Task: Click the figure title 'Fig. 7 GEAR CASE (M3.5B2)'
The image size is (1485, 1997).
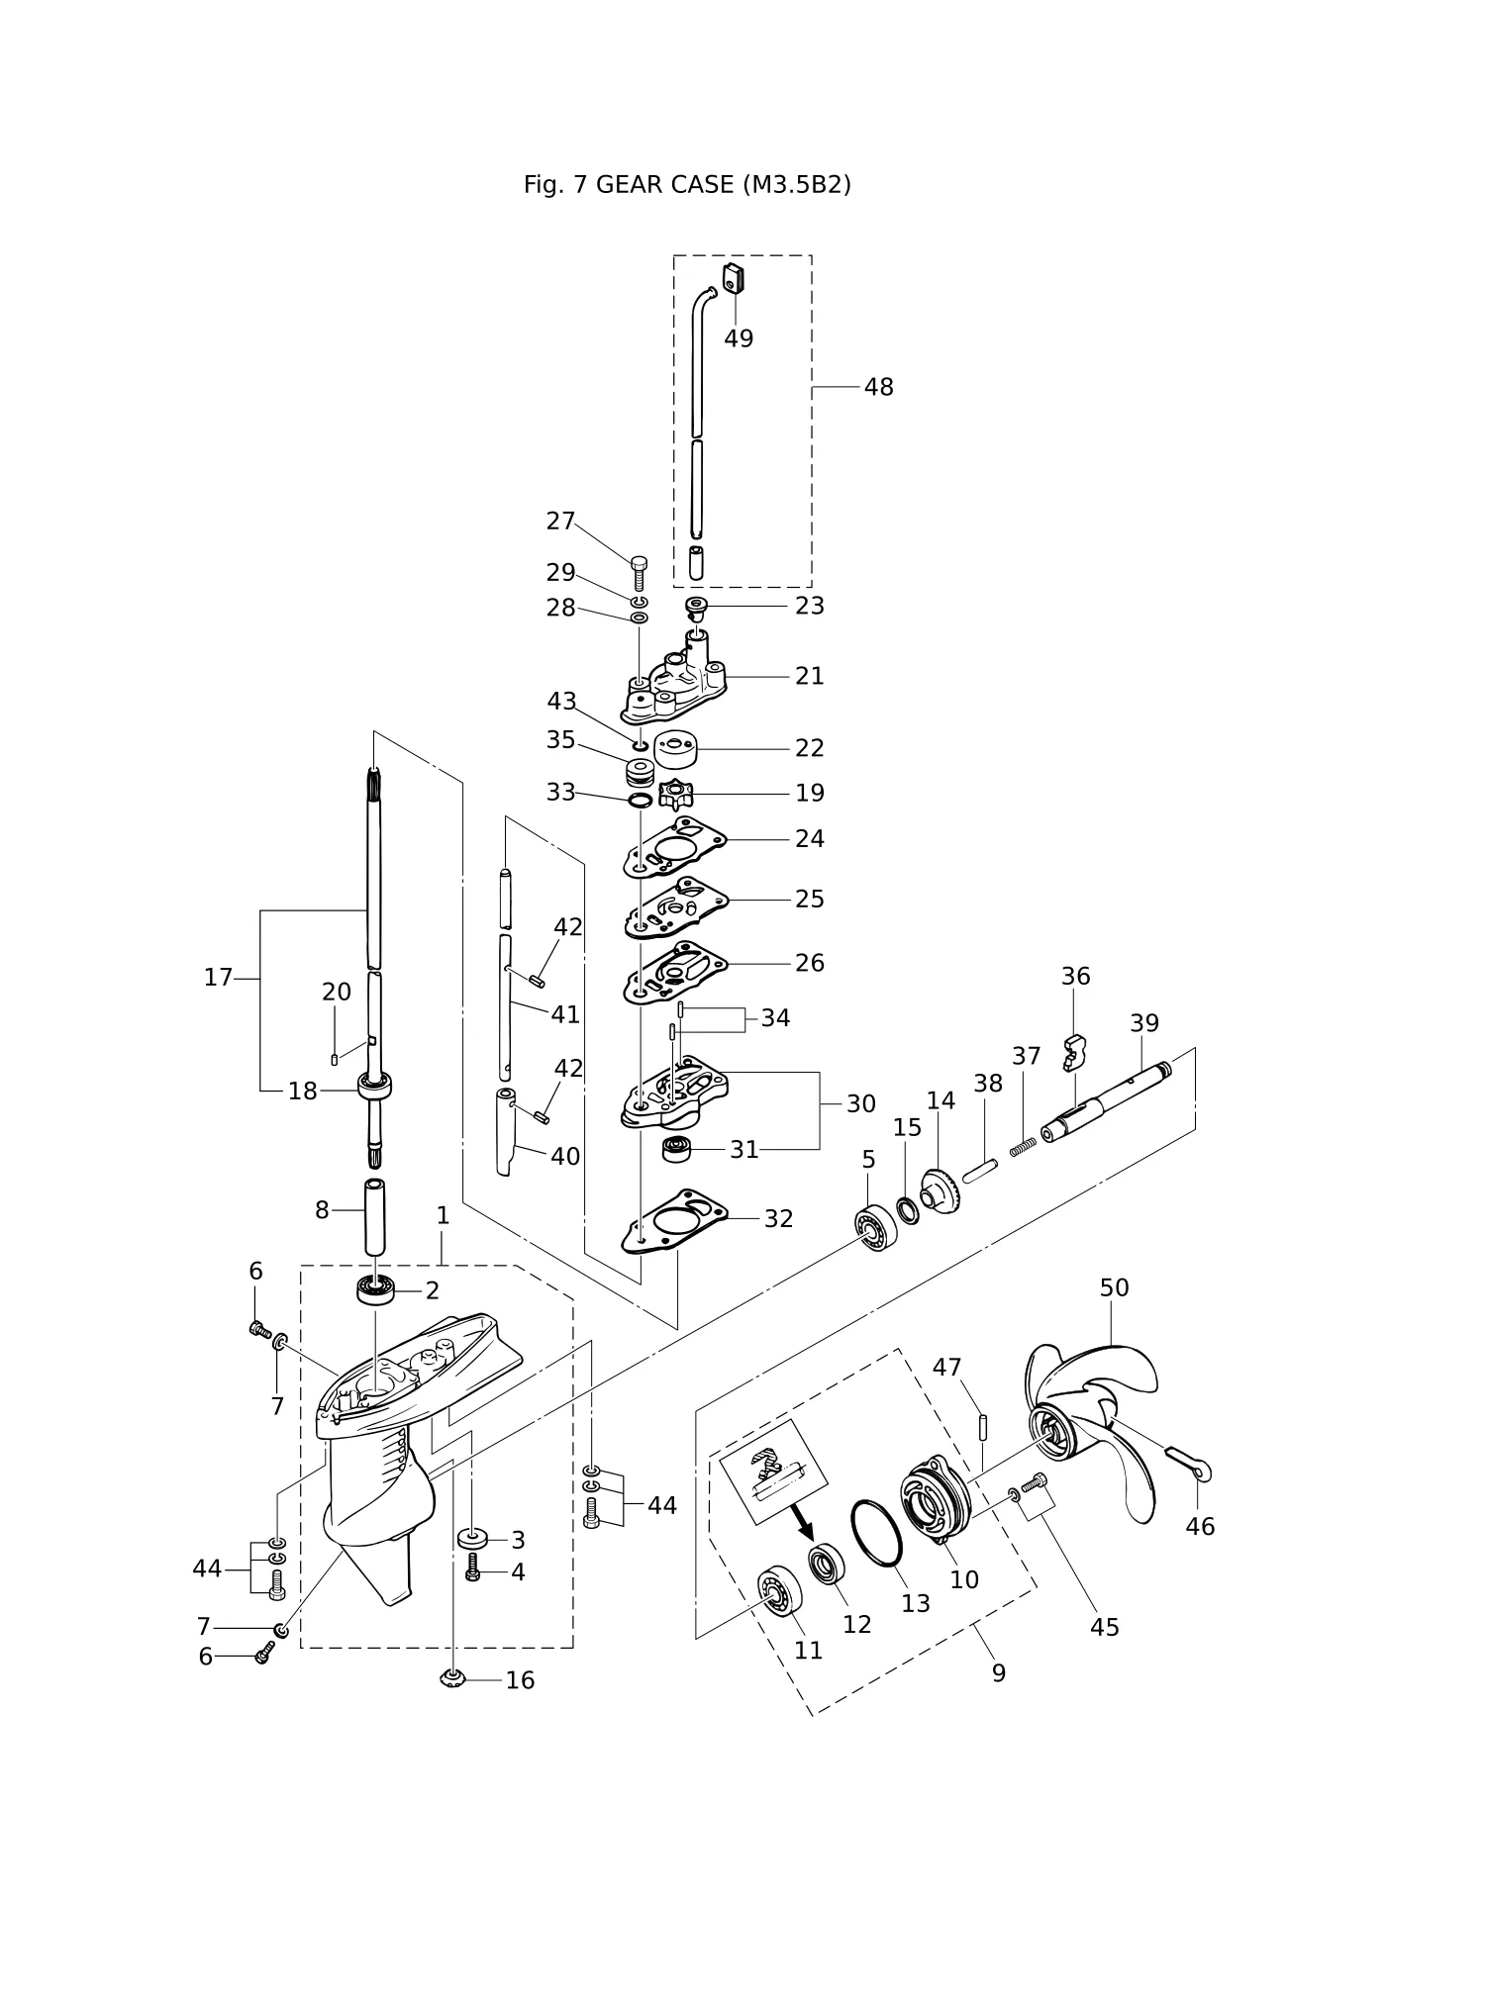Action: pyautogui.click(x=687, y=185)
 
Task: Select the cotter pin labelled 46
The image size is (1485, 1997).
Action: pyautogui.click(x=1189, y=1466)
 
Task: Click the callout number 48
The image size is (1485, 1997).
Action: pyautogui.click(x=878, y=387)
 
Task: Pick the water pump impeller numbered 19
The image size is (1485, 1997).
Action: pyautogui.click(x=675, y=795)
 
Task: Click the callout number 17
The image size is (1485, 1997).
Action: pyautogui.click(x=218, y=978)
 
